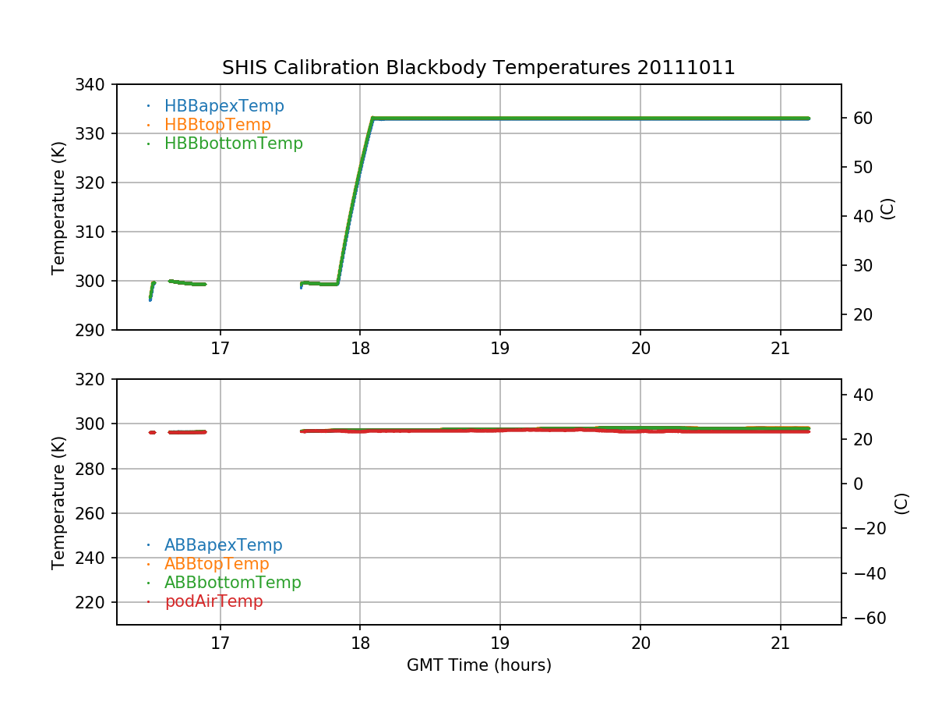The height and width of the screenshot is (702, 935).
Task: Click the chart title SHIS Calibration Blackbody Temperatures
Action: point(427,68)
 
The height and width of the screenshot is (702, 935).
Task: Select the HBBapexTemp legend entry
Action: point(224,106)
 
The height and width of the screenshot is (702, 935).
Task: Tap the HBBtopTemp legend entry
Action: point(217,125)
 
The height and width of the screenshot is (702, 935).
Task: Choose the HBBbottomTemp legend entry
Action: point(233,144)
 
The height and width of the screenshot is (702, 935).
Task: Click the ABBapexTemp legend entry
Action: point(223,545)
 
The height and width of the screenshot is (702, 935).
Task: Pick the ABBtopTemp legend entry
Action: point(217,564)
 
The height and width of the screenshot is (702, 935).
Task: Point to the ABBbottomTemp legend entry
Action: point(232,583)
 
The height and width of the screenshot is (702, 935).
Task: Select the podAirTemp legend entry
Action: point(213,601)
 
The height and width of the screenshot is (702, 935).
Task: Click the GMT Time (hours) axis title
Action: point(478,665)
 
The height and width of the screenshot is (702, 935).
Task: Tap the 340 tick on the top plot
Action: point(94,84)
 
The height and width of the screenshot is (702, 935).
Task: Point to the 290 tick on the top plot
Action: point(94,330)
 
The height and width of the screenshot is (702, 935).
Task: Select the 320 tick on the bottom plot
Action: point(94,379)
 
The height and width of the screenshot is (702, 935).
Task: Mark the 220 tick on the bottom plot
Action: point(94,603)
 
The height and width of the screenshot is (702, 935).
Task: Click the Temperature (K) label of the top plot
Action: point(58,207)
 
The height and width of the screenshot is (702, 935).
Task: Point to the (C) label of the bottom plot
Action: point(901,503)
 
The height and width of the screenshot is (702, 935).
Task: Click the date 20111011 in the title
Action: point(686,68)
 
